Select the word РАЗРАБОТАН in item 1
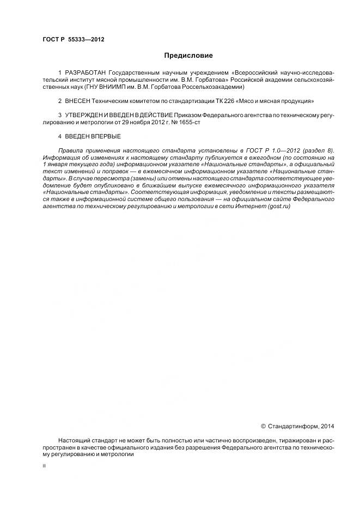86,72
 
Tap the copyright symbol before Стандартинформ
264,427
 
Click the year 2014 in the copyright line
327,427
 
